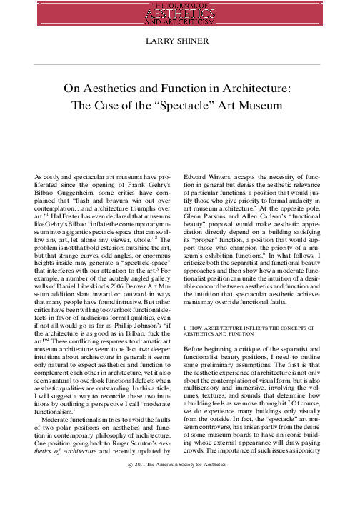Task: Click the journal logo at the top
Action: click(180, 12)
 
